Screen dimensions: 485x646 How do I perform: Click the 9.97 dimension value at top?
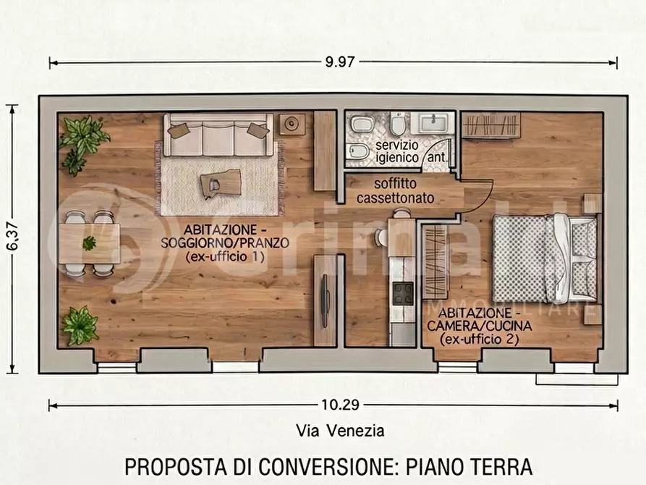point(340,62)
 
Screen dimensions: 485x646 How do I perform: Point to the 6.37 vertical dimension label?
point(12,237)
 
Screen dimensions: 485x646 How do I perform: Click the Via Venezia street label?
point(340,431)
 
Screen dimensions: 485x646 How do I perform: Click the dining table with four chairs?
point(89,243)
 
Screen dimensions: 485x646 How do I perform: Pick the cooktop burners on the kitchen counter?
point(402,293)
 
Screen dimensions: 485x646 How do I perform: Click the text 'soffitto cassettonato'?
point(395,190)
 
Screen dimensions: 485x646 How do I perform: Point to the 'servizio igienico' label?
point(396,151)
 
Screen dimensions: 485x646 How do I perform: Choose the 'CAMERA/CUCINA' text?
point(478,326)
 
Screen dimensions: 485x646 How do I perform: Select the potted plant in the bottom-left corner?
point(80,326)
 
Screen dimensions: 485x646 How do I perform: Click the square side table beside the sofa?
point(292,124)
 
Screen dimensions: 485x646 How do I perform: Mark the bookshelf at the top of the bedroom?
point(490,125)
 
